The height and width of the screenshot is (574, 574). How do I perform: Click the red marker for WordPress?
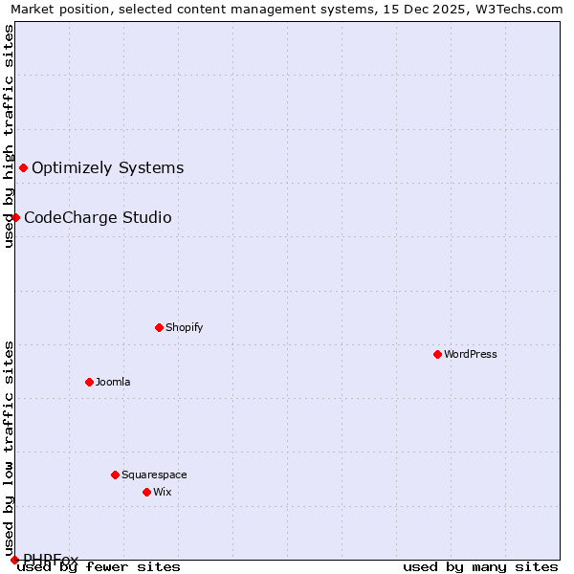[x=437, y=354]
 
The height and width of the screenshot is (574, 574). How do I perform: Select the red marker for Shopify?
[x=159, y=327]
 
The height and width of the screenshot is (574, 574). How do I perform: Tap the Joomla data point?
[x=89, y=382]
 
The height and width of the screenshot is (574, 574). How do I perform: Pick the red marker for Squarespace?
[x=115, y=475]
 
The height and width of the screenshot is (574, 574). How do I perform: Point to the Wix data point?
[x=146, y=492]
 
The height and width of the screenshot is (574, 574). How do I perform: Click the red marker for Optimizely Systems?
[x=23, y=168]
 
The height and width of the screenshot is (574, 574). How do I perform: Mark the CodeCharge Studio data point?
[x=15, y=217]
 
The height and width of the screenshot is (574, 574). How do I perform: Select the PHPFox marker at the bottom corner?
[x=14, y=559]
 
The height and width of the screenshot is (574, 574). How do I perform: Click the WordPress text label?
[x=471, y=354]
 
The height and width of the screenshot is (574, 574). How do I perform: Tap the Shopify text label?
[x=185, y=327]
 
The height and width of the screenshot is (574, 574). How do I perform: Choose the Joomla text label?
[x=113, y=382]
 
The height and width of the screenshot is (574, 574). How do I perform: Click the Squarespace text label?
[x=154, y=475]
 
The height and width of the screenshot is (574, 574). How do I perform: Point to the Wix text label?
[x=162, y=492]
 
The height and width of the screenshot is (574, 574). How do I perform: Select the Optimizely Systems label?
[x=107, y=168]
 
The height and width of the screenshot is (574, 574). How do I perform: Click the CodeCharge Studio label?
[x=98, y=217]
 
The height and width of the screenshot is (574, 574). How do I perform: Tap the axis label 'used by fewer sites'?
[x=99, y=566]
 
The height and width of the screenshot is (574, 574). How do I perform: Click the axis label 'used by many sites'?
[x=480, y=566]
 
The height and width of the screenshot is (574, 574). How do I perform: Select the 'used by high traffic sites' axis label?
[x=9, y=136]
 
